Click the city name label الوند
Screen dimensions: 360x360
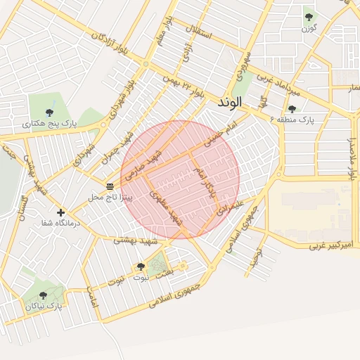click(230, 102)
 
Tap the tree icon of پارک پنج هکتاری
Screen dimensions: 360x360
click(49, 112)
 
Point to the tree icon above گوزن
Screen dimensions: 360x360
click(309, 17)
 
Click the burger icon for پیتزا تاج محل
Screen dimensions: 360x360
click(110, 186)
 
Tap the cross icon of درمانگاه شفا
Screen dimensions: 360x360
click(60, 212)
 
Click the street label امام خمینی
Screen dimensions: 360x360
click(218, 131)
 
